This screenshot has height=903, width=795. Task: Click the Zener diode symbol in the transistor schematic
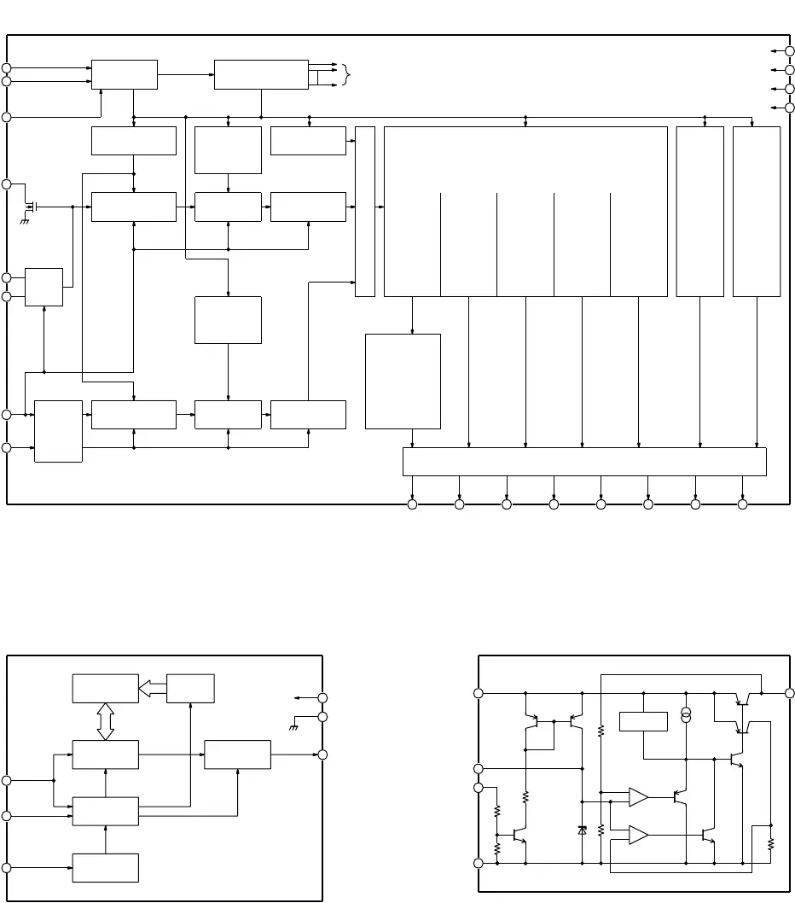click(583, 830)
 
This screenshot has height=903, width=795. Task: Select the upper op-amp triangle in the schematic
click(637, 797)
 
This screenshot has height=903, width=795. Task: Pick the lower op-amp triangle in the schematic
click(637, 835)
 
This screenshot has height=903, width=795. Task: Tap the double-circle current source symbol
click(686, 715)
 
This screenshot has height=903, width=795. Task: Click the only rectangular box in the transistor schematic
click(643, 721)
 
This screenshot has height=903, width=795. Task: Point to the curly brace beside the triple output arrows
click(345, 74)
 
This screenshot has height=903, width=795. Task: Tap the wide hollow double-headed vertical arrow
click(105, 721)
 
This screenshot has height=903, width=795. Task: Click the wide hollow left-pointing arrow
click(153, 688)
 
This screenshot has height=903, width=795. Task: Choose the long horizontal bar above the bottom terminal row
click(584, 461)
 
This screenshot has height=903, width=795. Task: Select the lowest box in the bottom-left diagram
click(105, 867)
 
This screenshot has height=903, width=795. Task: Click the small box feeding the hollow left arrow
click(190, 688)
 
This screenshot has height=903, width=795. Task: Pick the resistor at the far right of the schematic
click(769, 843)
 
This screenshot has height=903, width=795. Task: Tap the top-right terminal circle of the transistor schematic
click(789, 692)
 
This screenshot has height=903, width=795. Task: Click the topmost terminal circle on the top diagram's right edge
click(789, 51)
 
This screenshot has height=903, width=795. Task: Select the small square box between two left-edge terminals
click(44, 287)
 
